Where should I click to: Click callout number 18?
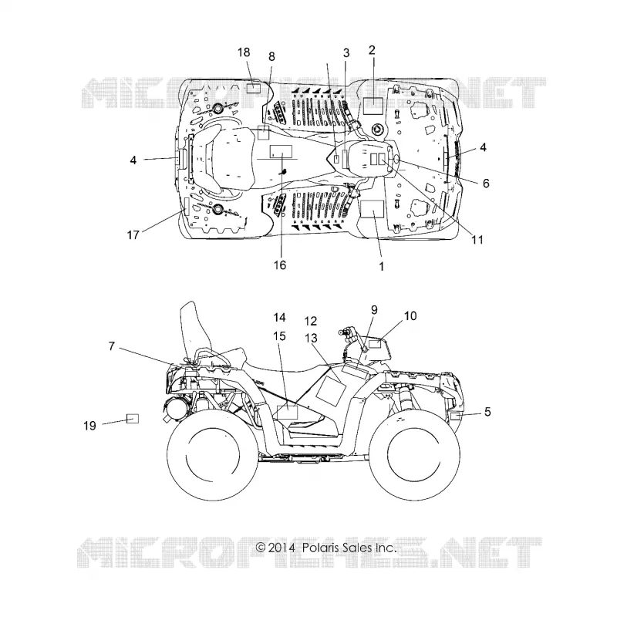(x=244, y=52)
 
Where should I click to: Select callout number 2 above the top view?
(x=372, y=50)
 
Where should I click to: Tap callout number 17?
(x=133, y=235)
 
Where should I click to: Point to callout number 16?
(x=280, y=265)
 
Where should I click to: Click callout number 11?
(x=477, y=240)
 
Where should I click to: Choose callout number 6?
(x=486, y=183)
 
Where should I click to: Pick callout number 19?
(x=89, y=426)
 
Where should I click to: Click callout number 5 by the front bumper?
(x=487, y=412)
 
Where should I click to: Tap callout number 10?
(x=410, y=315)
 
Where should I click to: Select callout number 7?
(x=112, y=346)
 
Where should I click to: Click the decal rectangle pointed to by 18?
(x=254, y=88)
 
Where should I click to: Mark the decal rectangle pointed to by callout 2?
(x=373, y=106)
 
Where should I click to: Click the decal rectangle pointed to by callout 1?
(x=373, y=208)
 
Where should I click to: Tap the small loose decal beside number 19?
(x=132, y=418)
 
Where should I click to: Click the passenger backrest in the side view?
(x=193, y=331)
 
